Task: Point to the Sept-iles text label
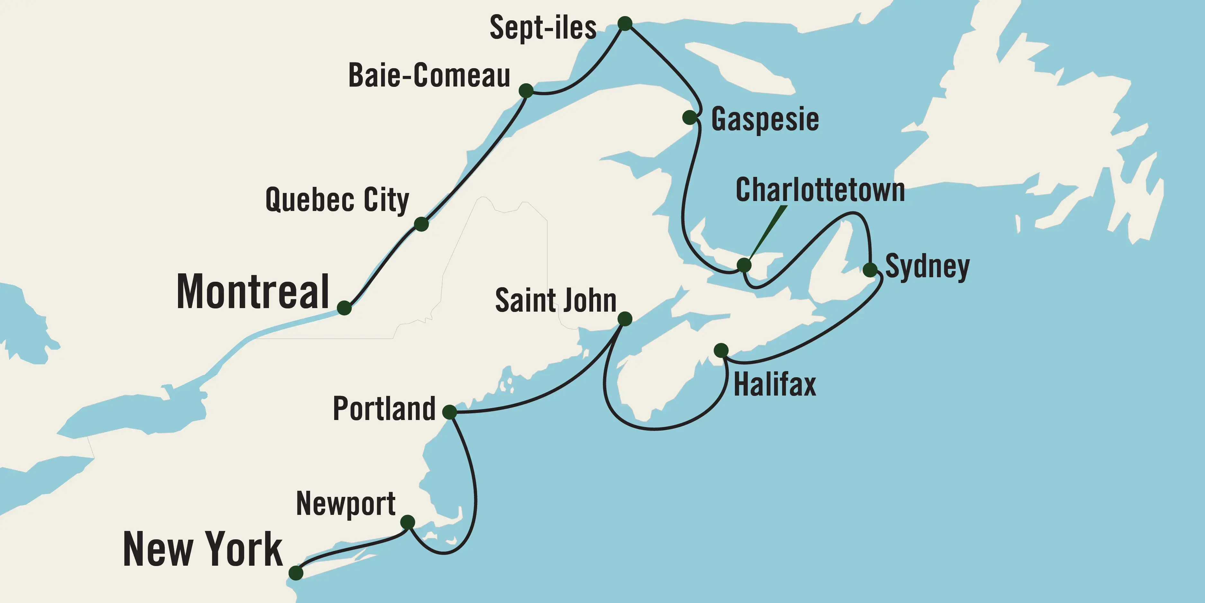[543, 28]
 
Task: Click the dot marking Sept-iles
[625, 23]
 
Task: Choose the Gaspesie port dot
[690, 117]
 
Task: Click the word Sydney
[927, 267]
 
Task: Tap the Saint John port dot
[625, 319]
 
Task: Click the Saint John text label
[555, 301]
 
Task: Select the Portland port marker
[449, 412]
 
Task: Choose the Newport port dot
[407, 522]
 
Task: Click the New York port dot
[296, 572]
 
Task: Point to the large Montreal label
[253, 292]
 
